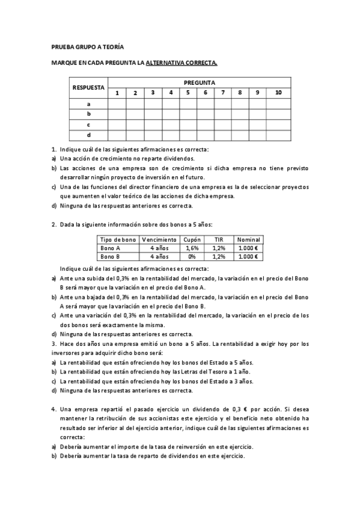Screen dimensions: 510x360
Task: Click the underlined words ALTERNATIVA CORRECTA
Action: point(184,62)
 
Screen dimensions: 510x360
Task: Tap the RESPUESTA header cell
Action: point(88,87)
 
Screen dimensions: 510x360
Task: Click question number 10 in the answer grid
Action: point(278,93)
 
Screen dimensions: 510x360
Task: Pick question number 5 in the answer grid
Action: point(188,93)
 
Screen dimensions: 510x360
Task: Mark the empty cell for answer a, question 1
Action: point(117,103)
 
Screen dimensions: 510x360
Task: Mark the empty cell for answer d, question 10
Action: point(278,135)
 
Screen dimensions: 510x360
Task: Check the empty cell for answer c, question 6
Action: point(206,124)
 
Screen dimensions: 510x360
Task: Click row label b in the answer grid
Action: point(88,114)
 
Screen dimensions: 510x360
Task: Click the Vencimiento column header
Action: point(159,239)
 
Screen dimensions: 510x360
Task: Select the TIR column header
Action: point(219,239)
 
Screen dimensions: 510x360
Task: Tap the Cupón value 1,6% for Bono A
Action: point(192,248)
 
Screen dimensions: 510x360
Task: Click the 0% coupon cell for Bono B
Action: point(192,257)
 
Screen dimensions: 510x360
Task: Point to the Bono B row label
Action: point(110,257)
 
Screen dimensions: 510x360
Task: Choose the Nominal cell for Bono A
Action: point(248,248)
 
